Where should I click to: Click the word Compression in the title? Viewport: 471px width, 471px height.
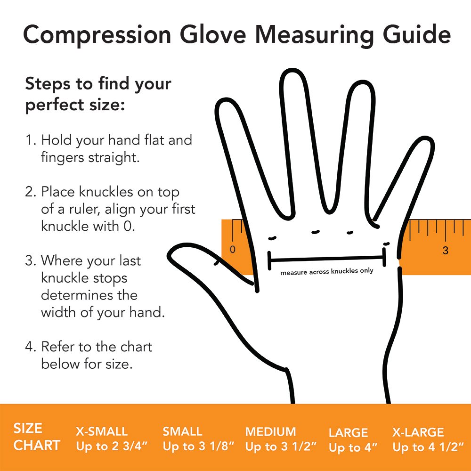tap(97, 35)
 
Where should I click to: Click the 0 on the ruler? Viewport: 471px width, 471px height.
tap(233, 249)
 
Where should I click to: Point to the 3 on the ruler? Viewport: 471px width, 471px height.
tap(445, 250)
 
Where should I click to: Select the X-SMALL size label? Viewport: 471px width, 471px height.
tap(102, 431)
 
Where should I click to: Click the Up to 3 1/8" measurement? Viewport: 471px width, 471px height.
tap(198, 446)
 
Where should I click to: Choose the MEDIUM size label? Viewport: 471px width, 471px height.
tap(271, 431)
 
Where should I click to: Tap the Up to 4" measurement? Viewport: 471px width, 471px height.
tap(353, 447)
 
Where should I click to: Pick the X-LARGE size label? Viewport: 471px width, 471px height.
tap(418, 432)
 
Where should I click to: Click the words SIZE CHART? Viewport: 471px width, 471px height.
tap(37, 437)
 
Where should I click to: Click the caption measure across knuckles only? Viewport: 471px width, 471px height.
tap(327, 271)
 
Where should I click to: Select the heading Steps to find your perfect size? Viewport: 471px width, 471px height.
tap(98, 94)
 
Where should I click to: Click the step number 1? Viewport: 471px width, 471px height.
tap(30, 140)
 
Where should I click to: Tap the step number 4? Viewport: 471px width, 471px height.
tap(30, 347)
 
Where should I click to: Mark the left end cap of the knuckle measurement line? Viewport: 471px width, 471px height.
tap(269, 260)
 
